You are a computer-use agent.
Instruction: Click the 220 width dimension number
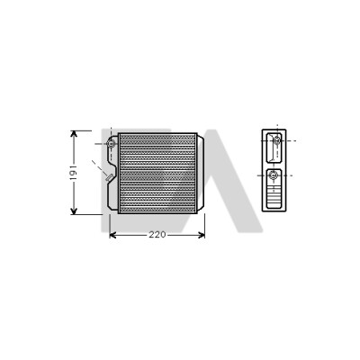[x=157, y=235]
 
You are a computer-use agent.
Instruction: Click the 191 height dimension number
[x=74, y=173]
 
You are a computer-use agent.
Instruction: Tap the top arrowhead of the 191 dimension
[x=74, y=134]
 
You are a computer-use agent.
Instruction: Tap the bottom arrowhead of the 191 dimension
[x=74, y=211]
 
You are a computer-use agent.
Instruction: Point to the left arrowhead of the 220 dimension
[x=112, y=235]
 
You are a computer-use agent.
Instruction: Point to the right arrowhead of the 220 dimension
[x=201, y=235]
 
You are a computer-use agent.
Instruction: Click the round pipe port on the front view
[x=112, y=144]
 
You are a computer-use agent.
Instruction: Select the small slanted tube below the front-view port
[x=109, y=177]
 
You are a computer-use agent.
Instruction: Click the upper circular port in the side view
[x=277, y=139]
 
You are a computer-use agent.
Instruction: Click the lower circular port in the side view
[x=274, y=175]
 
